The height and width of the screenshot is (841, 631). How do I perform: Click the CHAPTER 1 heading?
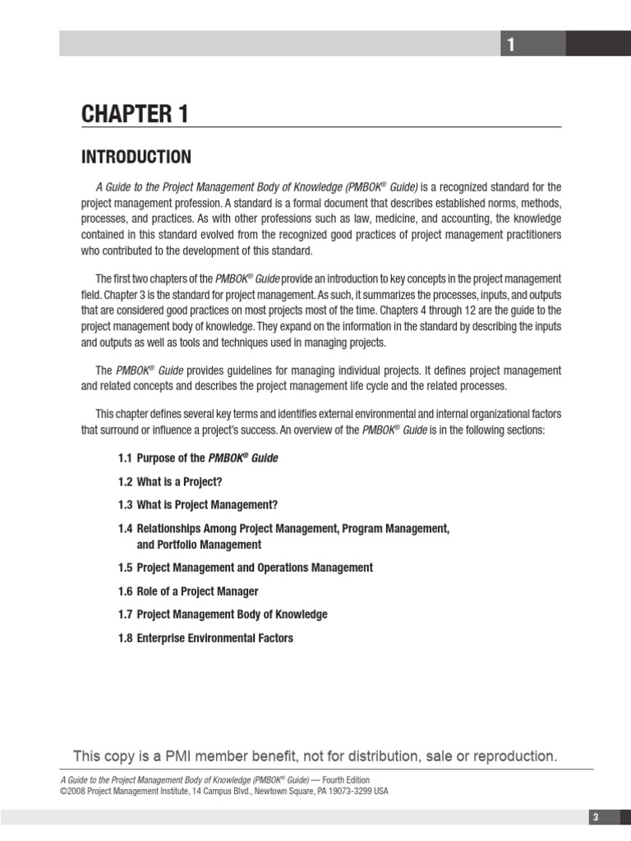pyautogui.click(x=135, y=115)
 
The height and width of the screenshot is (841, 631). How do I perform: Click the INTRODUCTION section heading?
pyautogui.click(x=136, y=157)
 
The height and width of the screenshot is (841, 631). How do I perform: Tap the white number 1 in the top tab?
pyautogui.click(x=510, y=45)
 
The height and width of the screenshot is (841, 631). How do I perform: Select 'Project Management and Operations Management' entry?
pyautogui.click(x=254, y=568)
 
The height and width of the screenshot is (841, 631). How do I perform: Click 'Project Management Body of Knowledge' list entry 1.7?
pyautogui.click(x=232, y=614)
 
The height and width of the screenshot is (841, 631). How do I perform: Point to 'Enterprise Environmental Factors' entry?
pyautogui.click(x=214, y=638)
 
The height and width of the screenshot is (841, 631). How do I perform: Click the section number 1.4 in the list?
pyautogui.click(x=125, y=528)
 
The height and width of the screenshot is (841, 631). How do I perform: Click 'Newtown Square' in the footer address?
pyautogui.click(x=258, y=791)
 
